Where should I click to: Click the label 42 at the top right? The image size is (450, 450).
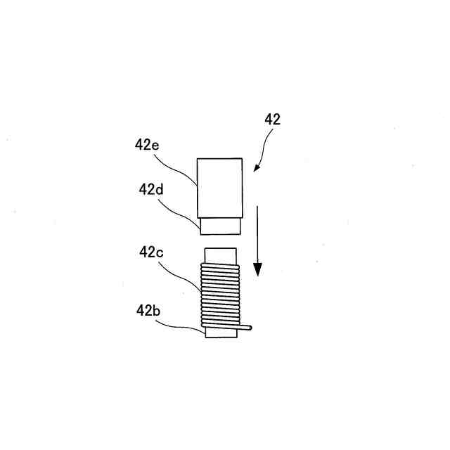[273, 120]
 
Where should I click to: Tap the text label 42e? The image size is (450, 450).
[147, 146]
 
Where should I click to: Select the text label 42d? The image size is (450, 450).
[151, 189]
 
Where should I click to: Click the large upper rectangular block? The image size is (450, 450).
[220, 187]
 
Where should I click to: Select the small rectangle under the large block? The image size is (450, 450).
[220, 226]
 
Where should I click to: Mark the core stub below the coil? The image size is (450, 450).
[220, 333]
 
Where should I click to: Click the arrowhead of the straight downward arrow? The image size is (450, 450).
[258, 269]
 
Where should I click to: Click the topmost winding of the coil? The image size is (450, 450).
[220, 266]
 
